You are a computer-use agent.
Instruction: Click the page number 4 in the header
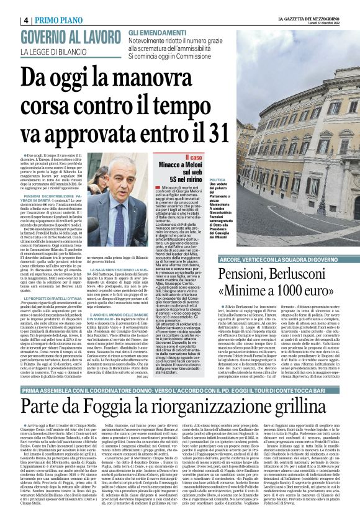point(27,20)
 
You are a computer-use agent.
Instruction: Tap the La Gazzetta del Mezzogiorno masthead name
point(308,17)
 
